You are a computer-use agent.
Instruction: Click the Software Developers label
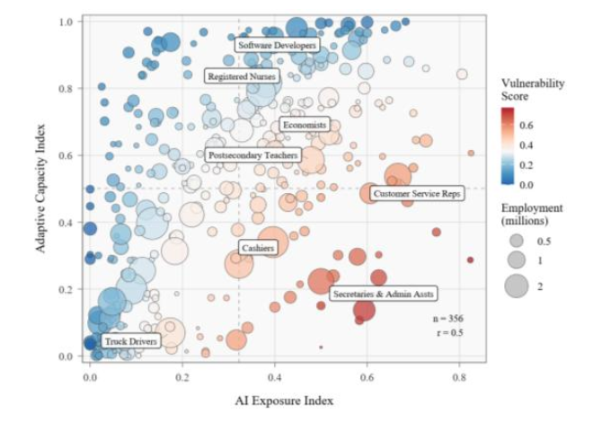276,44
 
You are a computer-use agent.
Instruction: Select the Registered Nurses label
243,77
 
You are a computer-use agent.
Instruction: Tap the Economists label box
304,125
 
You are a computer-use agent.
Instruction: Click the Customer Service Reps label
416,194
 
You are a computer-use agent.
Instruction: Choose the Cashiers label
257,247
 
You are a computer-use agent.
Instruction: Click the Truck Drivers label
130,342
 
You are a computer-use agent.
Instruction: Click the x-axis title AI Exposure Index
287,398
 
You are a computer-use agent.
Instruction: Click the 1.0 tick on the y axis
66,21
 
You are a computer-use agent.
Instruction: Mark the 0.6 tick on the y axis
66,155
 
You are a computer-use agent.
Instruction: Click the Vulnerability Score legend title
532,89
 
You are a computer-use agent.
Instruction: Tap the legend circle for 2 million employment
516,286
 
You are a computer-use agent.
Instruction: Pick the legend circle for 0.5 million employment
516,242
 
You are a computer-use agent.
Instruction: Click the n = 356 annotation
449,319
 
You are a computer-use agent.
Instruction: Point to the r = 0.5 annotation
449,334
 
